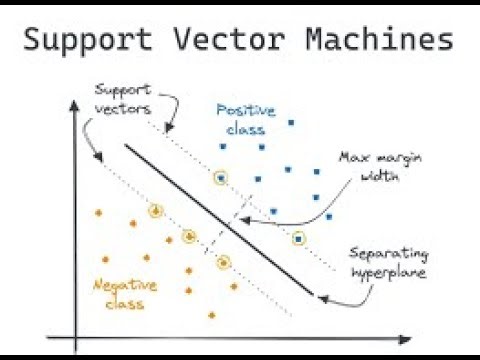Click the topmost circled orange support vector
155,210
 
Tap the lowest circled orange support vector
223,263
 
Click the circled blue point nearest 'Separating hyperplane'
298,238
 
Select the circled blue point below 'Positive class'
220,178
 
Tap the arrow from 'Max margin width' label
300,200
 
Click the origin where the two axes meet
73,335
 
